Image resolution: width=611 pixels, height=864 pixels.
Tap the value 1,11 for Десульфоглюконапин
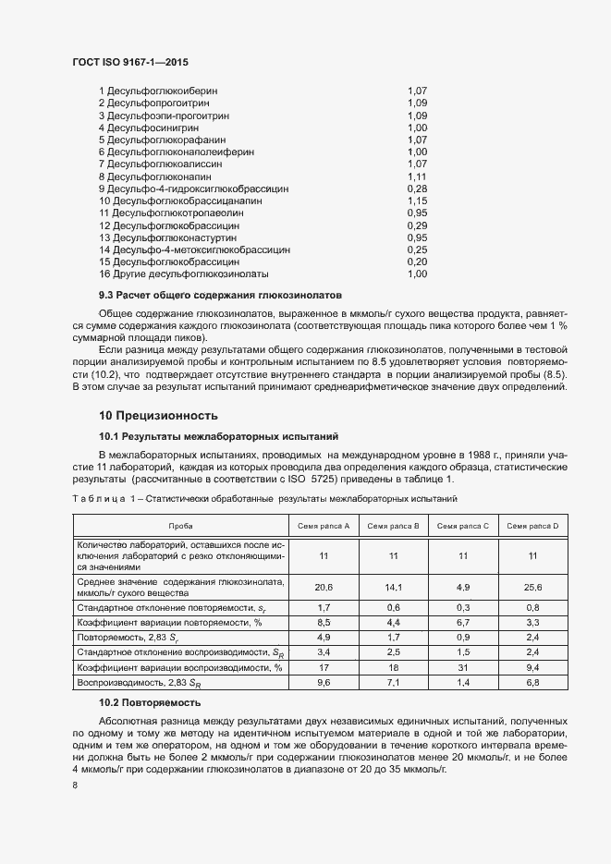point(416,176)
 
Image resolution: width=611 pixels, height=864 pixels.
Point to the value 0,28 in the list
point(416,188)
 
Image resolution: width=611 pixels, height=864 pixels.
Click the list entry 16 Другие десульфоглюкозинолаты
point(183,274)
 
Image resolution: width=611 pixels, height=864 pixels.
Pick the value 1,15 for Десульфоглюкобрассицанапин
point(416,200)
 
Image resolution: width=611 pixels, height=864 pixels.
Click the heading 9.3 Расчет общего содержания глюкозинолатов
point(220,296)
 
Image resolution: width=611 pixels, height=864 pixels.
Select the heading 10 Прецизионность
point(159,415)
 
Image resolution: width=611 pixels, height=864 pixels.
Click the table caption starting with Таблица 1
point(263,499)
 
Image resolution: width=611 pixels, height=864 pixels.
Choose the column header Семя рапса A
point(323,526)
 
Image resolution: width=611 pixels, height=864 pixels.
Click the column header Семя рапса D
point(532,526)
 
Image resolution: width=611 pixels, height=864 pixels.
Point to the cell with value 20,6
point(323,587)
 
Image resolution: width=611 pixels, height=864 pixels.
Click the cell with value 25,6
point(532,587)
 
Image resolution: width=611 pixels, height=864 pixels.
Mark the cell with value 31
point(462,667)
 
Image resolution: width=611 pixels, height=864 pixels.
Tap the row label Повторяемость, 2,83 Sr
point(128,638)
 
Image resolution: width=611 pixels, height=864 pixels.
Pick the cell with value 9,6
point(323,682)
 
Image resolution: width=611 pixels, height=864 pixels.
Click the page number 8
point(75,785)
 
